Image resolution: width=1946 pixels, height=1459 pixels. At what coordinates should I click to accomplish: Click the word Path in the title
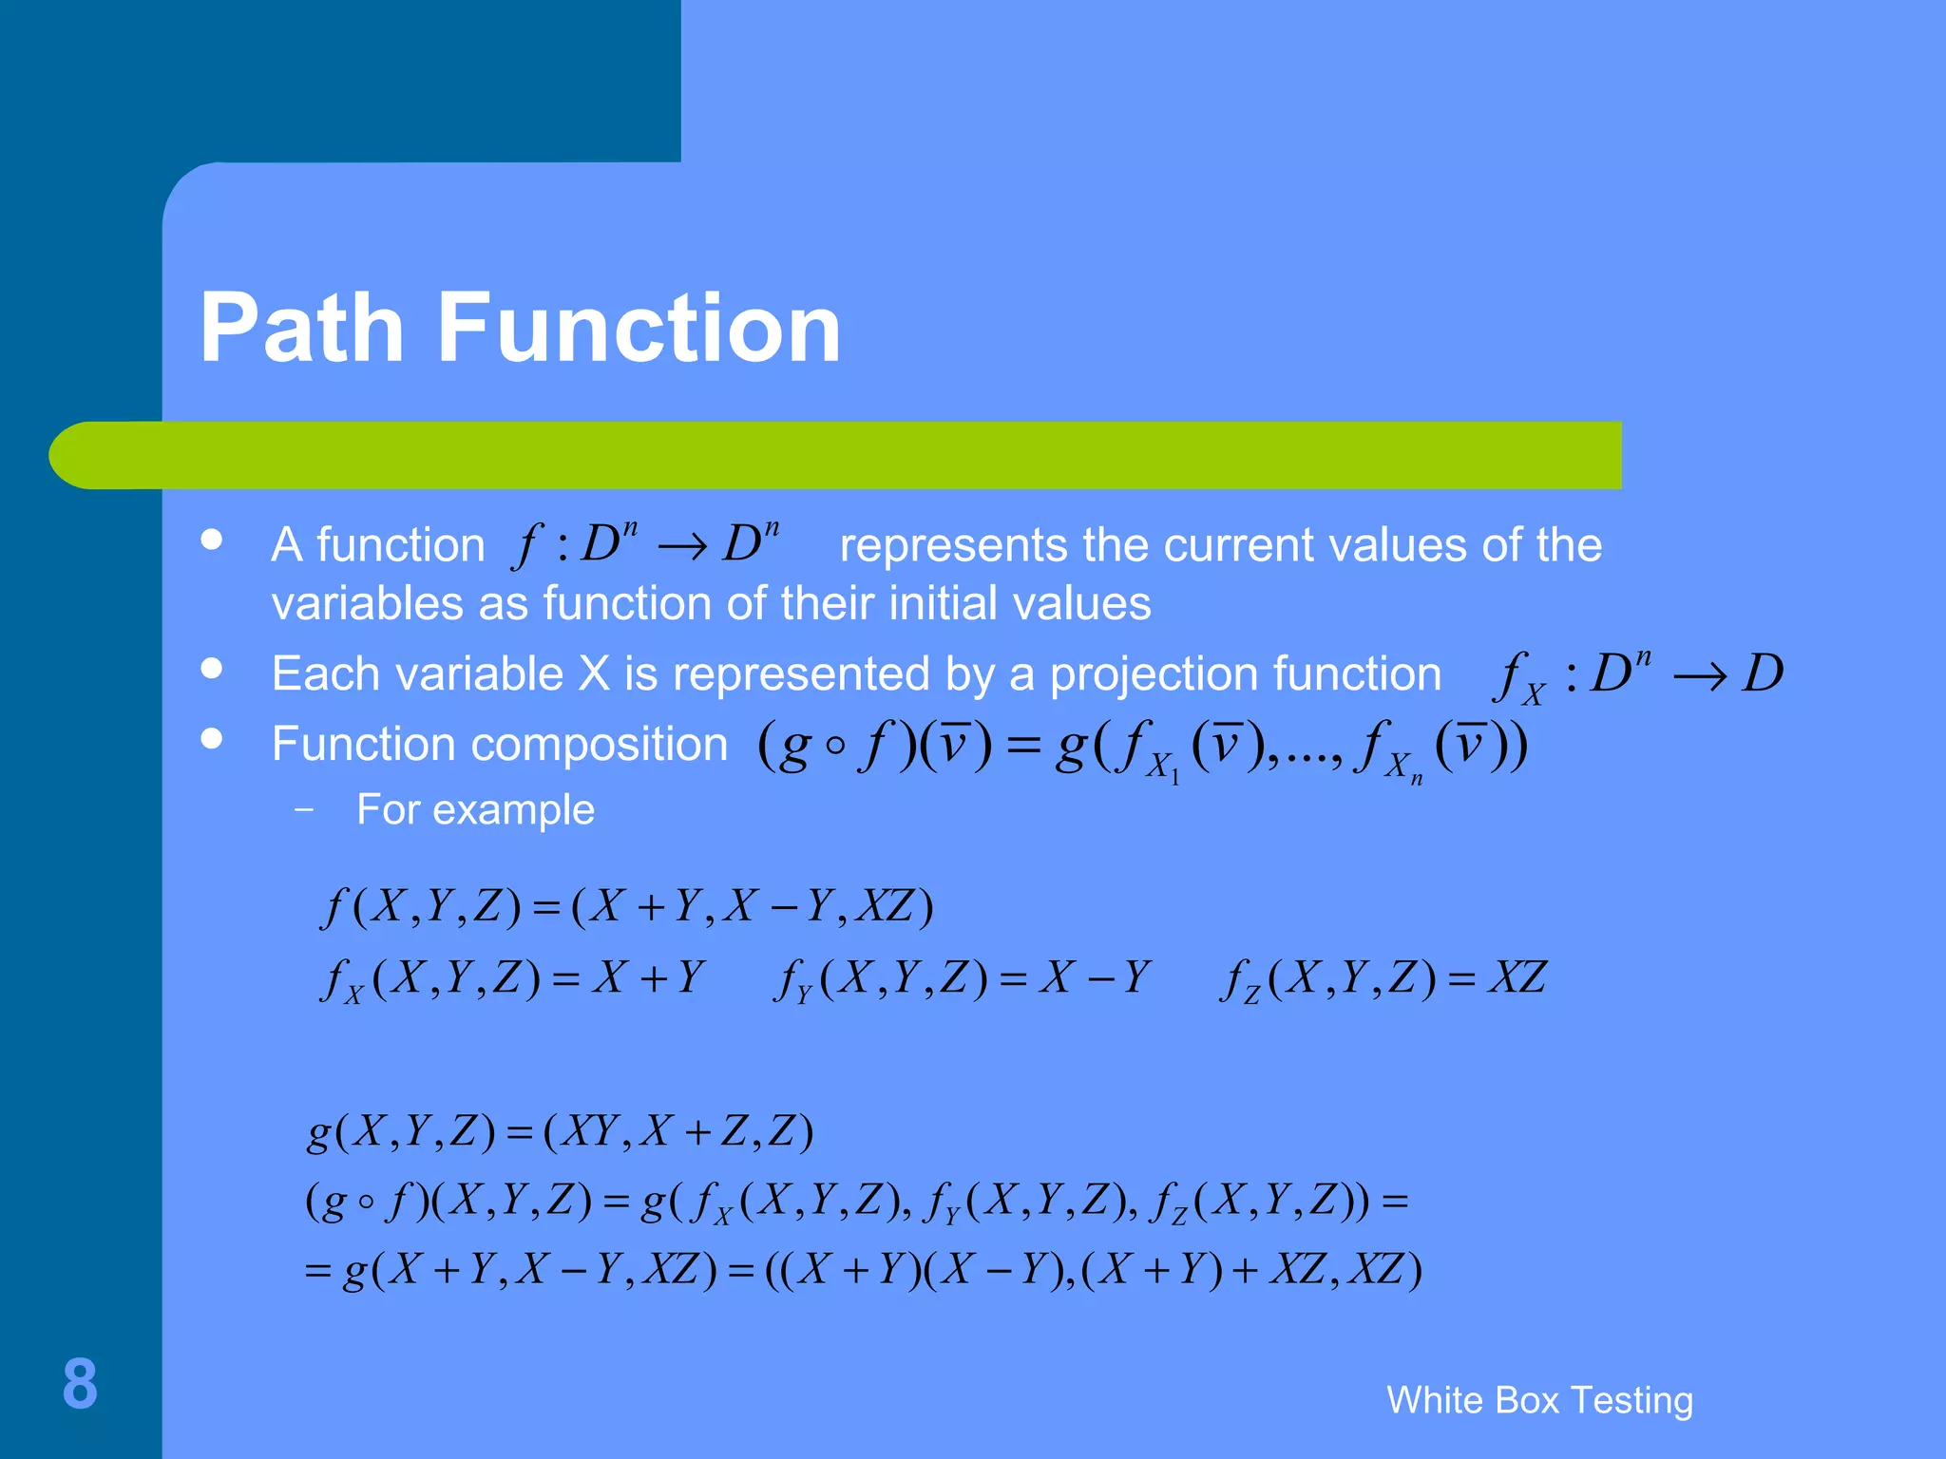(x=302, y=328)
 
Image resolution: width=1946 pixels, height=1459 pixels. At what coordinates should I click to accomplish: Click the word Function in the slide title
(x=639, y=328)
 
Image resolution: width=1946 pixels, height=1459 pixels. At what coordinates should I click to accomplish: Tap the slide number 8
(x=80, y=1384)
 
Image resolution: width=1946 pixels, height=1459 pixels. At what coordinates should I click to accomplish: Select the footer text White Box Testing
(x=1539, y=1400)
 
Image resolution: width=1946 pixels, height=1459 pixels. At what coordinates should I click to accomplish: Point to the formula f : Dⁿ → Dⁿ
(x=646, y=545)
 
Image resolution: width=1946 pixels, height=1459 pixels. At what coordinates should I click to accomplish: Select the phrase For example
(x=475, y=810)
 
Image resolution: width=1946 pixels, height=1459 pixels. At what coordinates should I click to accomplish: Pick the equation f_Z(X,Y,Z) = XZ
(x=1383, y=978)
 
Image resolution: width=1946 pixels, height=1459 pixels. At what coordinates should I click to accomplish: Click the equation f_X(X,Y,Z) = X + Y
(x=513, y=978)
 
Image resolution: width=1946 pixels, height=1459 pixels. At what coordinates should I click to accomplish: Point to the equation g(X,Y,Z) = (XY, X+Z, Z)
(x=560, y=1132)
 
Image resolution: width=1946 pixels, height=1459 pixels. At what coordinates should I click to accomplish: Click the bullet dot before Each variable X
(x=212, y=669)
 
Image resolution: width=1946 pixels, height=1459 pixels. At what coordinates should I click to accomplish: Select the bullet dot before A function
(x=212, y=540)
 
